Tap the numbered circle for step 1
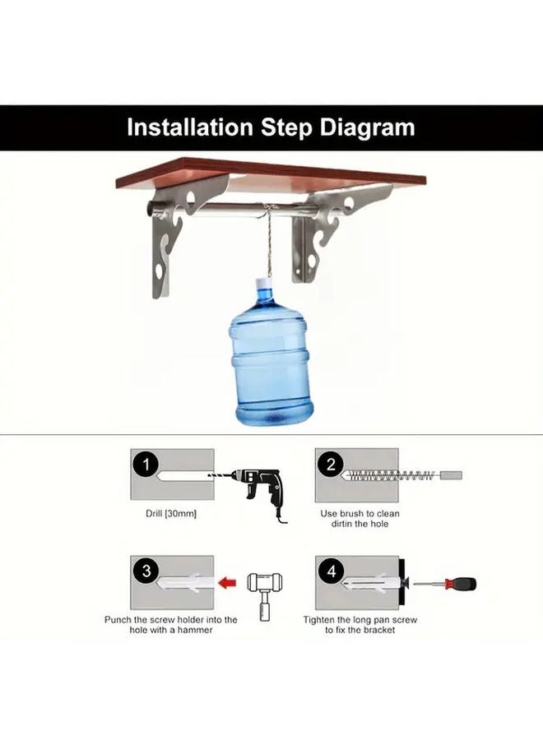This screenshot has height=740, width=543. (x=146, y=465)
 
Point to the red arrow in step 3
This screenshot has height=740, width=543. (x=230, y=583)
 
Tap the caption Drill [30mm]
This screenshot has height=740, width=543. (x=170, y=513)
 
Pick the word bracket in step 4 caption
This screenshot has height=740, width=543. (x=378, y=630)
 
